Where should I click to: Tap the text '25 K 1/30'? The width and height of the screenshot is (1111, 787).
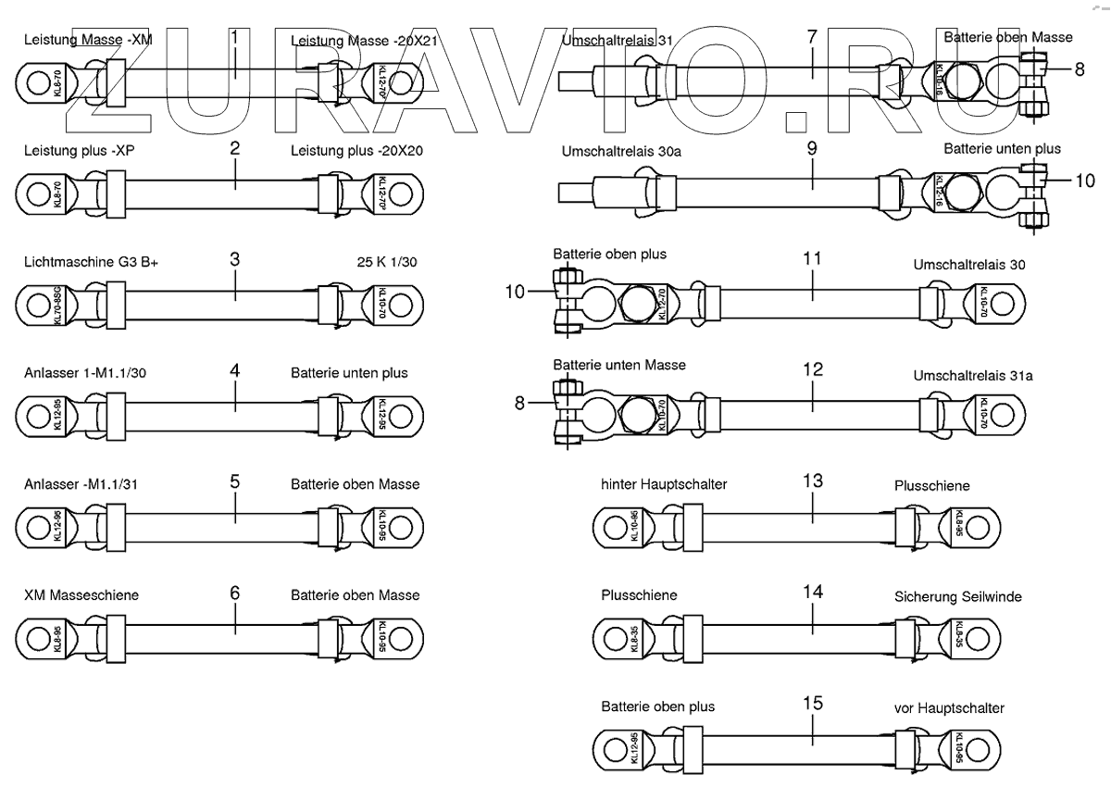(387, 262)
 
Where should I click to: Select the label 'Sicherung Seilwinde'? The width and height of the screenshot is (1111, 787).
(958, 597)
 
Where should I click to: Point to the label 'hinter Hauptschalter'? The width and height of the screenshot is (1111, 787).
(664, 484)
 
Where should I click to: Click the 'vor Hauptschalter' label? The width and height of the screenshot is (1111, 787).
(949, 707)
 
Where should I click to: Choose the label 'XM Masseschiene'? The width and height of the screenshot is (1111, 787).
(81, 595)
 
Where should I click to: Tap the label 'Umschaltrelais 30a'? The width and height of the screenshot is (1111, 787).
(618, 151)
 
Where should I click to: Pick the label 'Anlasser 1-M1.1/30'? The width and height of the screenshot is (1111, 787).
(85, 373)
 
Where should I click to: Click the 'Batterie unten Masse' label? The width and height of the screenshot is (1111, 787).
(619, 365)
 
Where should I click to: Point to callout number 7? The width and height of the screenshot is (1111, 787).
(812, 38)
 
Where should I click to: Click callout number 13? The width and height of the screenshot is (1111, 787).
(812, 481)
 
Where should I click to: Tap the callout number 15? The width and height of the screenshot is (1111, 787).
(812, 703)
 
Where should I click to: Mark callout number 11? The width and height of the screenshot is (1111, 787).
(812, 259)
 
